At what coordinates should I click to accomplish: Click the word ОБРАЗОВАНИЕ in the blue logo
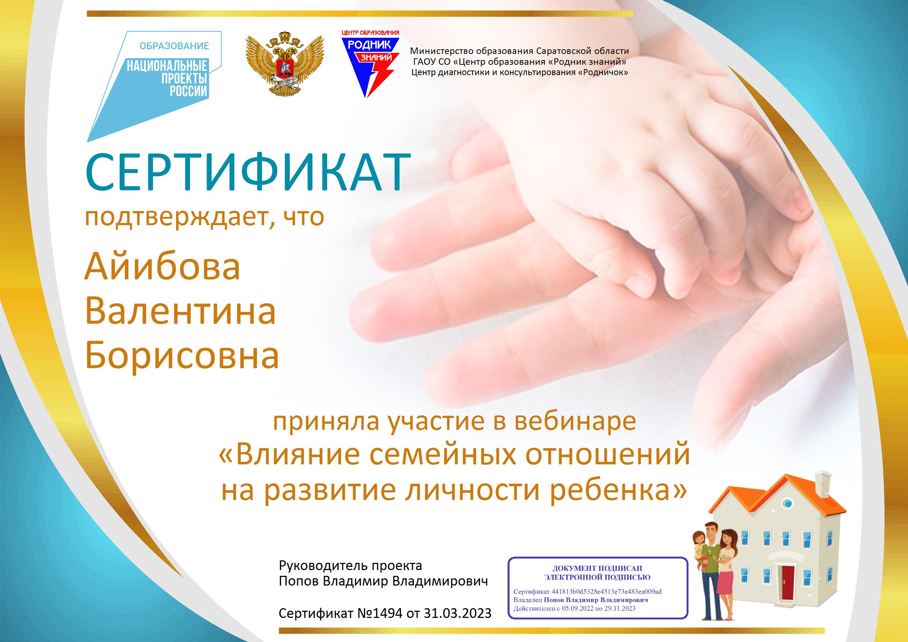pos(174,46)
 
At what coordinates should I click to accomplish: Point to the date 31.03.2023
pos(457,613)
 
